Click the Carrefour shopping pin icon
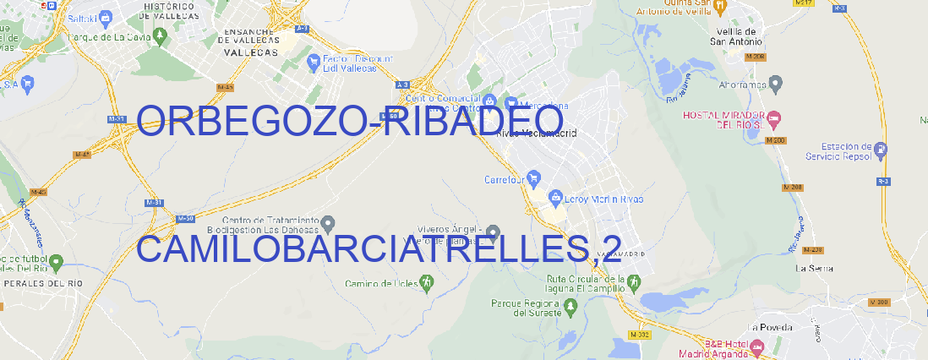[535, 178]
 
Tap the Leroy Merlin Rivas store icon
[555, 198]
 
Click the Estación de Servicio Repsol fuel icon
[882, 150]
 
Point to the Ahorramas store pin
[777, 83]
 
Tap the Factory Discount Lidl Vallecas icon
[315, 62]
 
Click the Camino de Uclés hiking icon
[426, 282]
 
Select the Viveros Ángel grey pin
[494, 231]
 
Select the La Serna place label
[815, 268]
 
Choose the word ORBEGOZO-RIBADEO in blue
[350, 122]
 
